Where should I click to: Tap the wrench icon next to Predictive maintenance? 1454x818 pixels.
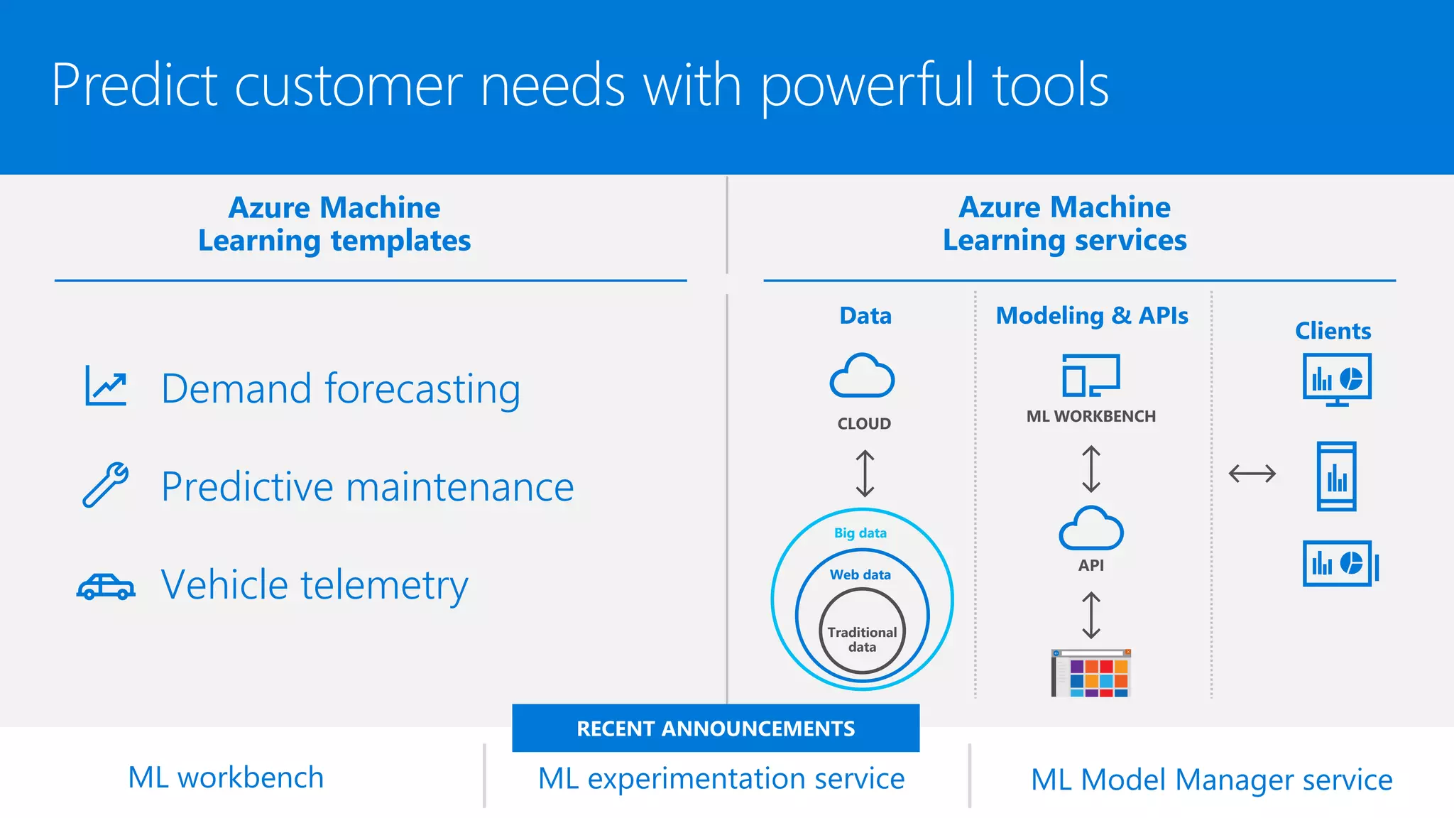click(106, 485)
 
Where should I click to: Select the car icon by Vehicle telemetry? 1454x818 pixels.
click(106, 587)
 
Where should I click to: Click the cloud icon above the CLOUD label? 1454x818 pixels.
click(862, 376)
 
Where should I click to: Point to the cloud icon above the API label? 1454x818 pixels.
click(1090, 529)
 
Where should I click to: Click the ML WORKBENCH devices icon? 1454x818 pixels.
click(1090, 375)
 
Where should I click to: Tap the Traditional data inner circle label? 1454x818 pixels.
click(862, 639)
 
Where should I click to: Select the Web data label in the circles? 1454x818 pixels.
click(860, 574)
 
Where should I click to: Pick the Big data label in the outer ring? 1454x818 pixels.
click(860, 533)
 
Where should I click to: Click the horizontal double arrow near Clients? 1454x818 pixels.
click(1252, 474)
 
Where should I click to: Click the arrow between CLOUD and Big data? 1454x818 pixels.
click(865, 474)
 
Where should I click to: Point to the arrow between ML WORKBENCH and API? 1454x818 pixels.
click(1091, 469)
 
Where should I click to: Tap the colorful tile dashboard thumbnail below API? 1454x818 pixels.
click(1091, 673)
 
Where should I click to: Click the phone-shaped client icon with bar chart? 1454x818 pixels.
click(1336, 476)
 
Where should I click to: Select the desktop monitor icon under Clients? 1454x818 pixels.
click(1337, 379)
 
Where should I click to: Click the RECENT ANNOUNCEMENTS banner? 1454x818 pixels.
click(716, 729)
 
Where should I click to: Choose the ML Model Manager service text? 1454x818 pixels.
click(1211, 780)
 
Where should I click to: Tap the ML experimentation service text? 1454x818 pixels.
click(721, 779)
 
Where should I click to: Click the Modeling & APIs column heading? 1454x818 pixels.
click(1092, 315)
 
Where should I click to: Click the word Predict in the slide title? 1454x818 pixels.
click(133, 85)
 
